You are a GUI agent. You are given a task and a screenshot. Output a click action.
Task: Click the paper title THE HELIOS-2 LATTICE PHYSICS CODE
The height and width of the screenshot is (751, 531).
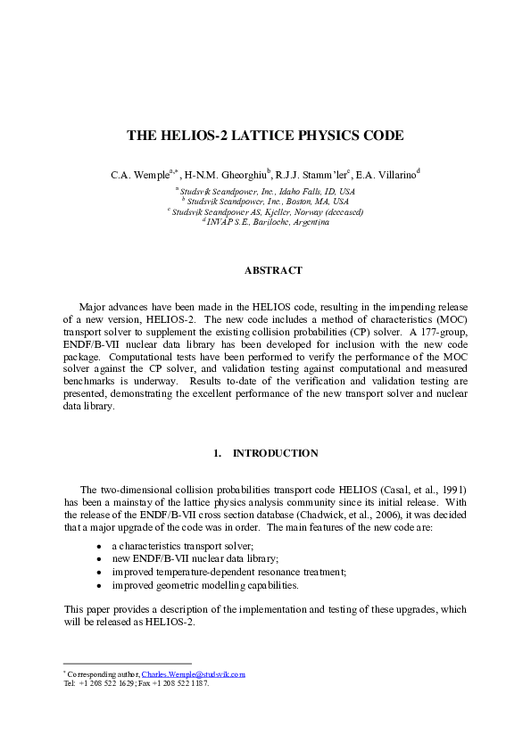(265, 136)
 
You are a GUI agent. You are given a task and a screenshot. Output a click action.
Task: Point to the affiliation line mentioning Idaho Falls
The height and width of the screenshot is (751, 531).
(265, 192)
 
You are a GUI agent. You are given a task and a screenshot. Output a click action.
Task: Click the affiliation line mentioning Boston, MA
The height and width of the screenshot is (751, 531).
(265, 202)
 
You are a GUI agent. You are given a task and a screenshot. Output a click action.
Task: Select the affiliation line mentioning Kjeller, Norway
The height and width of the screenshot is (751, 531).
(265, 212)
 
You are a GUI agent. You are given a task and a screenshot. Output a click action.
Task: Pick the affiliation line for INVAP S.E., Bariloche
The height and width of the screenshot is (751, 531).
(265, 222)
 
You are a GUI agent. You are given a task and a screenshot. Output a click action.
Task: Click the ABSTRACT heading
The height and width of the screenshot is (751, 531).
(273, 270)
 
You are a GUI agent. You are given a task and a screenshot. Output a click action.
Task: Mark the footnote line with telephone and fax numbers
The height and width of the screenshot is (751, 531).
(137, 684)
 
